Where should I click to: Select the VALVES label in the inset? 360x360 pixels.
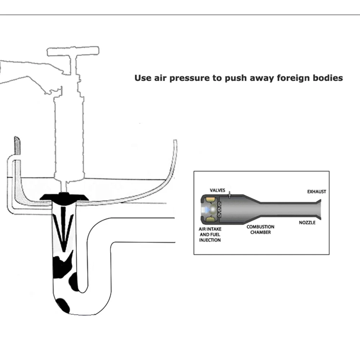coord(217,190)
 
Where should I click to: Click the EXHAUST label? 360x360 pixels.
coord(316,192)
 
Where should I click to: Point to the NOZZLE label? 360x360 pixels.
coord(307,222)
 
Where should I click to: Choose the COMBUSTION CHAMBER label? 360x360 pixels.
coord(260,230)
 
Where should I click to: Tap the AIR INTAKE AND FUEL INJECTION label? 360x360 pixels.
coord(210,234)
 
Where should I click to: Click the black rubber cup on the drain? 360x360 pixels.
coord(65,197)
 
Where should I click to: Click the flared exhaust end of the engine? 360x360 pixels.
coord(318,209)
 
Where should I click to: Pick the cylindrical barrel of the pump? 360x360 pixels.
coord(68,137)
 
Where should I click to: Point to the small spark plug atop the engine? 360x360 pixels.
coord(229,194)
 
